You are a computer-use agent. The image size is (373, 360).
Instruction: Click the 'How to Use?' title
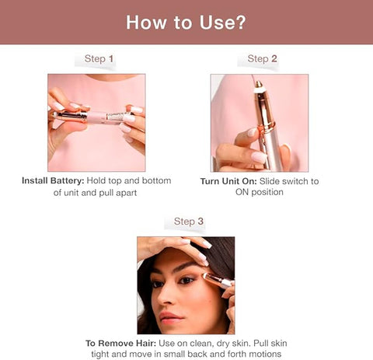pos(186,22)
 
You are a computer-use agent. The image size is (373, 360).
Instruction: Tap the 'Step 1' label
pos(99,59)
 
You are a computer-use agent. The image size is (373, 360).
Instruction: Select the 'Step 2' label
pos(263,59)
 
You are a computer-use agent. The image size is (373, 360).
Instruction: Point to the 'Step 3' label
pos(189,222)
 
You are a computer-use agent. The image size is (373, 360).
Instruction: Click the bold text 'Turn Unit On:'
pos(229,181)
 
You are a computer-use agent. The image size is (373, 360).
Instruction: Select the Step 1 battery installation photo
pos(96,123)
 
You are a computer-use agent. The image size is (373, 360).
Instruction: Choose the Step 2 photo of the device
pos(259,123)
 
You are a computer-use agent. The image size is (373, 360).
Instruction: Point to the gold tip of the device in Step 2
pos(258,89)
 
